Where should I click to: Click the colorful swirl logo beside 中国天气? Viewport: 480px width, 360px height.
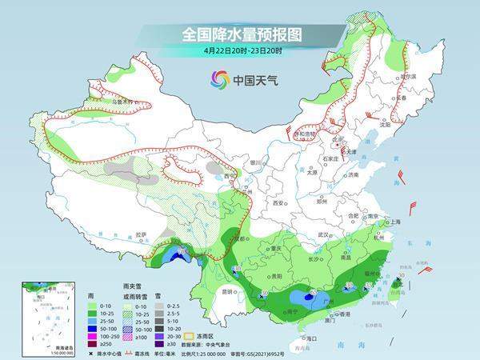[x=220, y=78]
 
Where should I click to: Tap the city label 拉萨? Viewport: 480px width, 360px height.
[x=142, y=234]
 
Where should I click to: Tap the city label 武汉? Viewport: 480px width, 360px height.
[x=323, y=234]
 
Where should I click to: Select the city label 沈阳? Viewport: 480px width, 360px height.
[x=386, y=125]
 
